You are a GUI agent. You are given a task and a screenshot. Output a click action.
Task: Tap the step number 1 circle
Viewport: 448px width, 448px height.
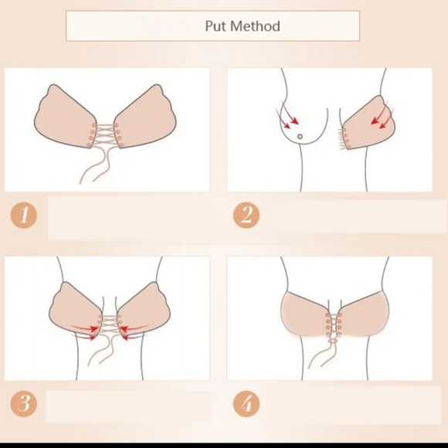click(x=24, y=214)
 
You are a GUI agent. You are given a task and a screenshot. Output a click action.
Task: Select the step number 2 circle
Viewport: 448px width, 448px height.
click(x=246, y=214)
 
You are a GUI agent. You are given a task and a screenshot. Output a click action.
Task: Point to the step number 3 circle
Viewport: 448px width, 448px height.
click(x=24, y=403)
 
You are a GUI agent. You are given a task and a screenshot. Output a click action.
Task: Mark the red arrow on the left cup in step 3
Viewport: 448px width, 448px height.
click(x=87, y=331)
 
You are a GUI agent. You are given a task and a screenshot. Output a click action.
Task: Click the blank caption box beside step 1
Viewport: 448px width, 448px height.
click(x=127, y=218)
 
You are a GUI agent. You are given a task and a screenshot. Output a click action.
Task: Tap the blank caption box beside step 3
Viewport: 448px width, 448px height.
click(x=127, y=406)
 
